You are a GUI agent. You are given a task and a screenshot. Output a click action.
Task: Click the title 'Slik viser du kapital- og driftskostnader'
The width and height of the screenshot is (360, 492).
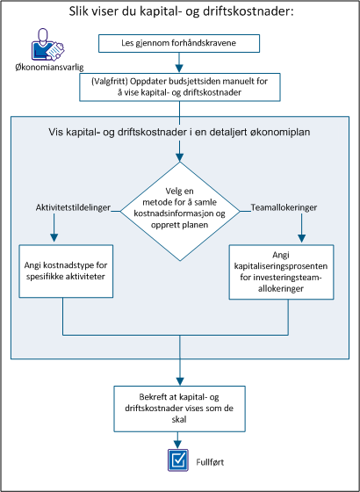180,11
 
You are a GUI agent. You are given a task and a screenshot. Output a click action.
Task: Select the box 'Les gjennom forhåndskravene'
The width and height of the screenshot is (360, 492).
180,42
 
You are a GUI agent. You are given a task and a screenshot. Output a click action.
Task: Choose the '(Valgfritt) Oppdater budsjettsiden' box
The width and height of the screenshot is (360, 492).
180,87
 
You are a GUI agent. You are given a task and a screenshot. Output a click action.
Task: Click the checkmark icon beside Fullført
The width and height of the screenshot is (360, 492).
179,459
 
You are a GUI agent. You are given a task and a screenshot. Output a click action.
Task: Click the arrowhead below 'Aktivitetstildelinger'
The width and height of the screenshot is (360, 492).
54,235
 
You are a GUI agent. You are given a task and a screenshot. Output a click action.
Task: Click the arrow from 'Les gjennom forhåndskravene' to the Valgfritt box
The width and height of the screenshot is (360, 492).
180,61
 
